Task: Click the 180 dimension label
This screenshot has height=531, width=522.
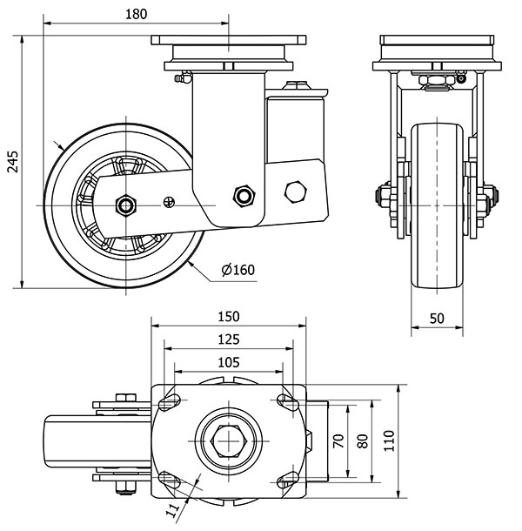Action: (x=137, y=13)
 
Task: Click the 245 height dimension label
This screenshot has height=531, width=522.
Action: (x=11, y=161)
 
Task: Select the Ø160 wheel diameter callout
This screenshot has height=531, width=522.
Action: (x=238, y=269)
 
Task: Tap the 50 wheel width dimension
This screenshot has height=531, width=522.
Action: (x=438, y=319)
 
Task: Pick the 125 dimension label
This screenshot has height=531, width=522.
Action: (x=229, y=339)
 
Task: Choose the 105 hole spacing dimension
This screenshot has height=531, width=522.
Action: (x=229, y=361)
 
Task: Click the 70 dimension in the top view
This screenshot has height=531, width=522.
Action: (x=339, y=440)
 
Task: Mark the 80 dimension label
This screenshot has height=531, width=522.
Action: (x=363, y=440)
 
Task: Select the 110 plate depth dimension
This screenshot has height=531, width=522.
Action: (x=388, y=440)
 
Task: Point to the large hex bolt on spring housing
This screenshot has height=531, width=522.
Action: (x=296, y=192)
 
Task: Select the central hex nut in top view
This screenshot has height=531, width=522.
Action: (x=229, y=441)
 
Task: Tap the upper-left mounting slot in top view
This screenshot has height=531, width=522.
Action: (x=169, y=401)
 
